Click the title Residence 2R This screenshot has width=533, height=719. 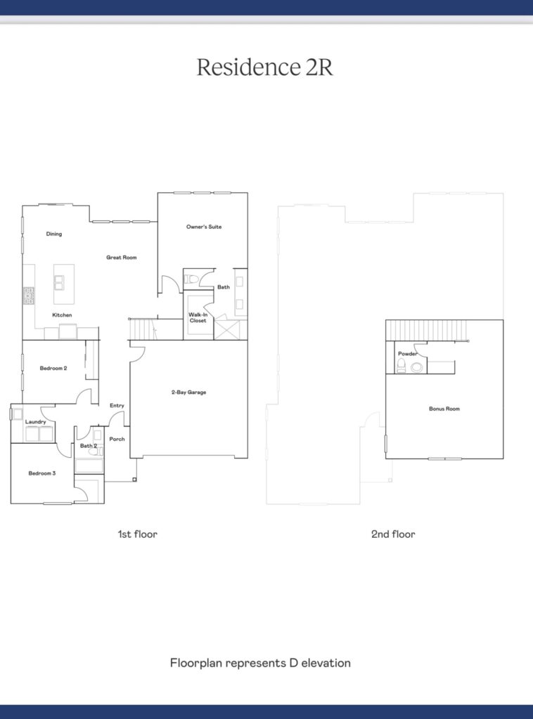click(x=265, y=67)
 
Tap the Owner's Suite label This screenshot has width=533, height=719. click(x=204, y=227)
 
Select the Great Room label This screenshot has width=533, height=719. click(x=121, y=257)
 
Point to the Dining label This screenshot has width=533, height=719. click(x=53, y=234)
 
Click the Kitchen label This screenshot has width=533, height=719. click(x=62, y=315)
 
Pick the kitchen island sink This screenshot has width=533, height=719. click(x=59, y=282)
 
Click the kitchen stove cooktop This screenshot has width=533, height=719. click(x=29, y=296)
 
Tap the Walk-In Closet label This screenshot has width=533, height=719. click(x=198, y=317)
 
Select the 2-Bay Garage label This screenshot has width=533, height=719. click(x=188, y=392)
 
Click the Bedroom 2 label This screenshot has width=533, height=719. click(x=53, y=368)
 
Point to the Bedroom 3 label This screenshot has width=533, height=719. click(x=41, y=473)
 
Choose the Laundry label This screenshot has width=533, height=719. click(x=35, y=422)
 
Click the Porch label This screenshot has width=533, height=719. click(x=117, y=439)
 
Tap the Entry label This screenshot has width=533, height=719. click(x=117, y=405)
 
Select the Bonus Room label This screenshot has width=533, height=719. click(x=444, y=409)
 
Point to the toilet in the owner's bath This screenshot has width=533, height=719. click(x=191, y=279)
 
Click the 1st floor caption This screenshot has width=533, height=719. click(x=138, y=534)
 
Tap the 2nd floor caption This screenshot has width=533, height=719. click(x=393, y=534)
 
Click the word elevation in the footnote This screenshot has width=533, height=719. click(x=326, y=663)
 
